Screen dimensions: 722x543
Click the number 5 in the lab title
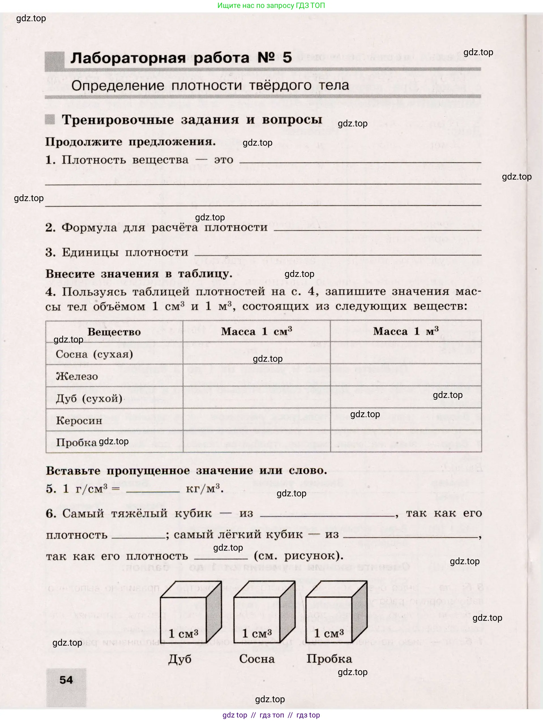tap(287, 58)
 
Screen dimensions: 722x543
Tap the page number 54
tap(66, 680)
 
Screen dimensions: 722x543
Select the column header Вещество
tap(114, 332)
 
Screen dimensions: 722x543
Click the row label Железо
tap(77, 376)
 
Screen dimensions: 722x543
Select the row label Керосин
tap(79, 421)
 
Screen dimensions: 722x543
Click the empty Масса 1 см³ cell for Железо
tap(256, 376)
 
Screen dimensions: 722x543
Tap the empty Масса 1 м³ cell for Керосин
tap(405, 420)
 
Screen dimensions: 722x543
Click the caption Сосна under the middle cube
tap(257, 659)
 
